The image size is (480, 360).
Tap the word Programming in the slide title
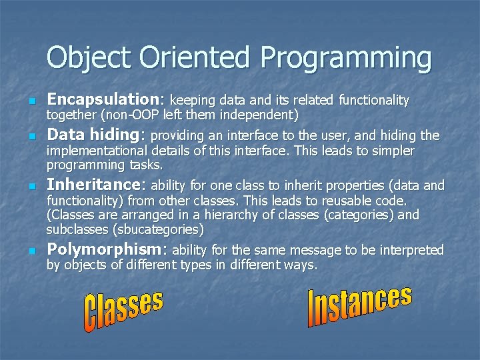[x=346, y=59]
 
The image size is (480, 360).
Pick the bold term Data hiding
[x=95, y=135]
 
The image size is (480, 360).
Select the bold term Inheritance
[x=97, y=185]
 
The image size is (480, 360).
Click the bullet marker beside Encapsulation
[x=30, y=101]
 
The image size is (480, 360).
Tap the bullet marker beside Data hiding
[x=30, y=137]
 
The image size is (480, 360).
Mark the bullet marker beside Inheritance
[x=30, y=186]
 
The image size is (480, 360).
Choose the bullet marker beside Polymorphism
[x=30, y=251]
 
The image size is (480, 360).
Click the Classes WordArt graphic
[x=123, y=311]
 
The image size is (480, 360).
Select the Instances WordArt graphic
[x=359, y=306]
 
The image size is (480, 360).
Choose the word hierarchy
[x=239, y=215]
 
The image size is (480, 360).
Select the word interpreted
[x=408, y=251]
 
